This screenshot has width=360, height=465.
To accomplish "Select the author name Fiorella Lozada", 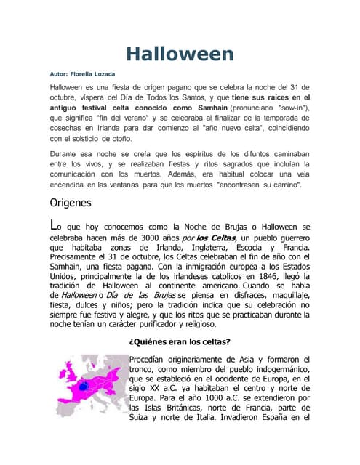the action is click(x=95, y=74).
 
